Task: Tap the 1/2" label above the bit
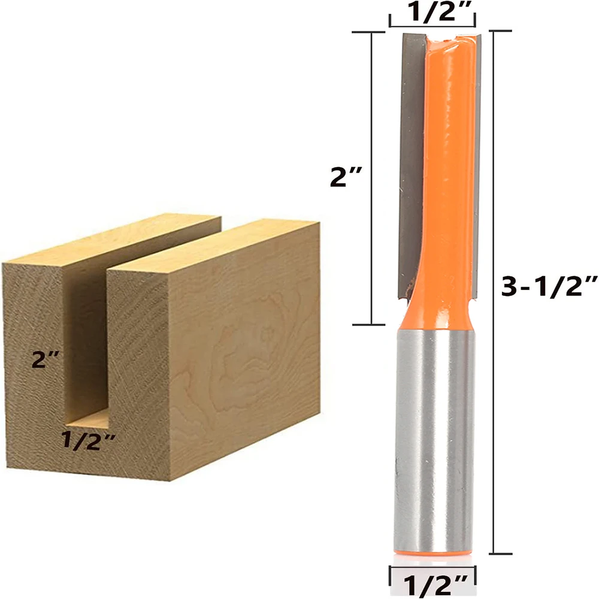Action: point(432,11)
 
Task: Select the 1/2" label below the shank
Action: point(432,584)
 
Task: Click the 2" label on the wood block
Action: point(45,359)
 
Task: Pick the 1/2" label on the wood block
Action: point(88,440)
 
